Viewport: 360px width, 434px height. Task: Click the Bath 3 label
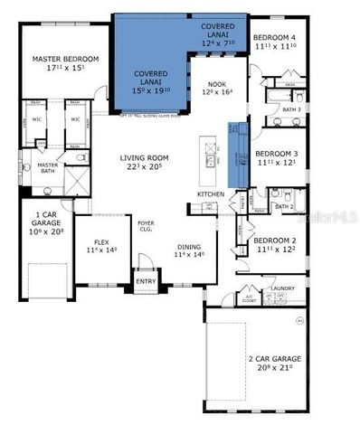(291, 109)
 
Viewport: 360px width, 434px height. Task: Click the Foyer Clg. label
(146, 226)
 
